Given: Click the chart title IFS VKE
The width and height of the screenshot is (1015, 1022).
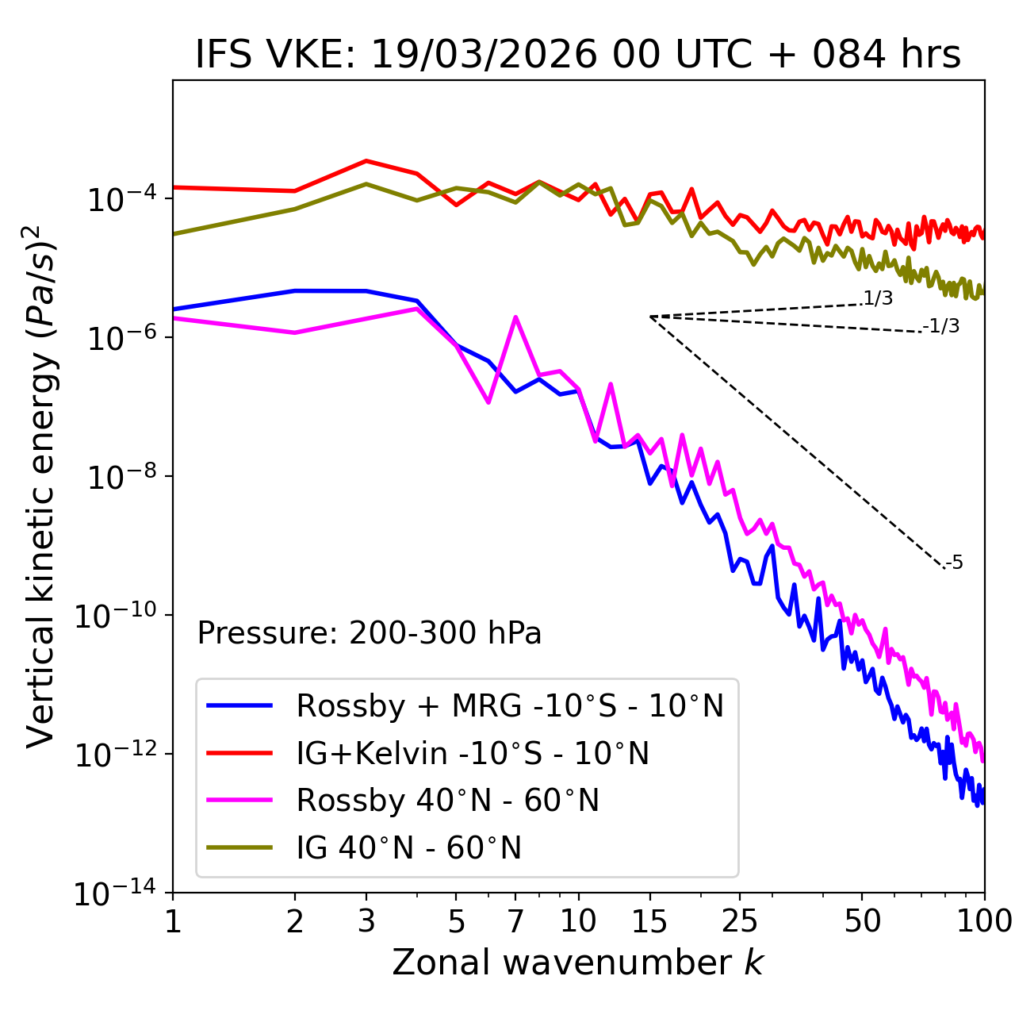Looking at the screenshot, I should coord(578,56).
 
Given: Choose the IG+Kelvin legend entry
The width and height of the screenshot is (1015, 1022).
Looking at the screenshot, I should coord(473,753).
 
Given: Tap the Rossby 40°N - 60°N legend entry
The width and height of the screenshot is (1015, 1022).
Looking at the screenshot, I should coord(447,801).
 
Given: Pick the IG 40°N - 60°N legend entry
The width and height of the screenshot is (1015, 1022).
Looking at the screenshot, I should coord(408,848).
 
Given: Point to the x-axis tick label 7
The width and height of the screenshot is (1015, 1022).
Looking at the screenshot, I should coord(515,921).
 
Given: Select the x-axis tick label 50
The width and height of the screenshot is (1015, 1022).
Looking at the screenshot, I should coord(862,921).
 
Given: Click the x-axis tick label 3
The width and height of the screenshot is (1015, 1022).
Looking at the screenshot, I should coord(366,921).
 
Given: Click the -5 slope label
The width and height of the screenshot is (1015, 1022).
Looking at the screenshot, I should coord(954,563).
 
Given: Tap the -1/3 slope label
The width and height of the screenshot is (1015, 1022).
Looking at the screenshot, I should coord(941,326).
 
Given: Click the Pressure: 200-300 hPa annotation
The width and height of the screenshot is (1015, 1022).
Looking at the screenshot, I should coord(369,633).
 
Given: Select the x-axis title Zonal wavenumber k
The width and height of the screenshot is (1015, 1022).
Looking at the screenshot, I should coord(578,962).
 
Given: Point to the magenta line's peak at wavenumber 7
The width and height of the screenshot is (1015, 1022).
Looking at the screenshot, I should coord(515,317).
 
